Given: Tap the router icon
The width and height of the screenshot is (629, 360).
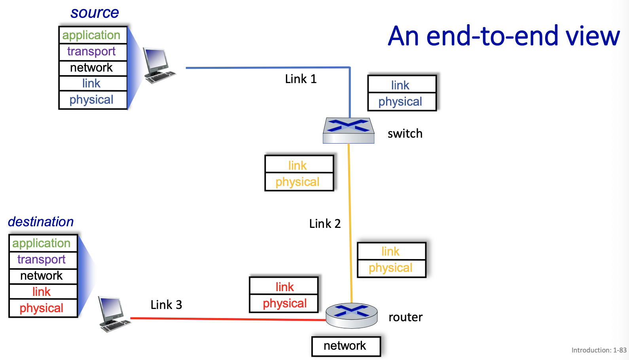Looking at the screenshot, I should coord(351,315).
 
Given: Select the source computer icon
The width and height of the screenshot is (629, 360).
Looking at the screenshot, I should coord(159,65).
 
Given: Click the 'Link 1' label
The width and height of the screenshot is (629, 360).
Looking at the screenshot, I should coord(301,79).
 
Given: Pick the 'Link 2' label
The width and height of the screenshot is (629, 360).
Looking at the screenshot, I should coord(325,224).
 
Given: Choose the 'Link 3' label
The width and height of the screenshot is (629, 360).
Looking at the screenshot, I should coord(166,305).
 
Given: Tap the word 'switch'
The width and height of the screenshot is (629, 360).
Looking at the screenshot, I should coord(405,134).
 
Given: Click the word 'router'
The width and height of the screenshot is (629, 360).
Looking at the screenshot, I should coord(405,317).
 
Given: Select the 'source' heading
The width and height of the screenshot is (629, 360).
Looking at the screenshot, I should coord(95,13).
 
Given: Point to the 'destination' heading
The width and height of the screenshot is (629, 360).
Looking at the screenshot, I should coord(41,222).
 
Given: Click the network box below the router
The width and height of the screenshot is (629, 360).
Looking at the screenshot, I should coord(346,346).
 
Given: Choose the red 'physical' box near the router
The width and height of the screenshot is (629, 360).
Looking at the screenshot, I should coord(284,303).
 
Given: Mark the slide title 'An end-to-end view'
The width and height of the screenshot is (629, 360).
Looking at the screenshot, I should coord(504,36).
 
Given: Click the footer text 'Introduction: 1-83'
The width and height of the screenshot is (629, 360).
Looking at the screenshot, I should coord(599,350).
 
